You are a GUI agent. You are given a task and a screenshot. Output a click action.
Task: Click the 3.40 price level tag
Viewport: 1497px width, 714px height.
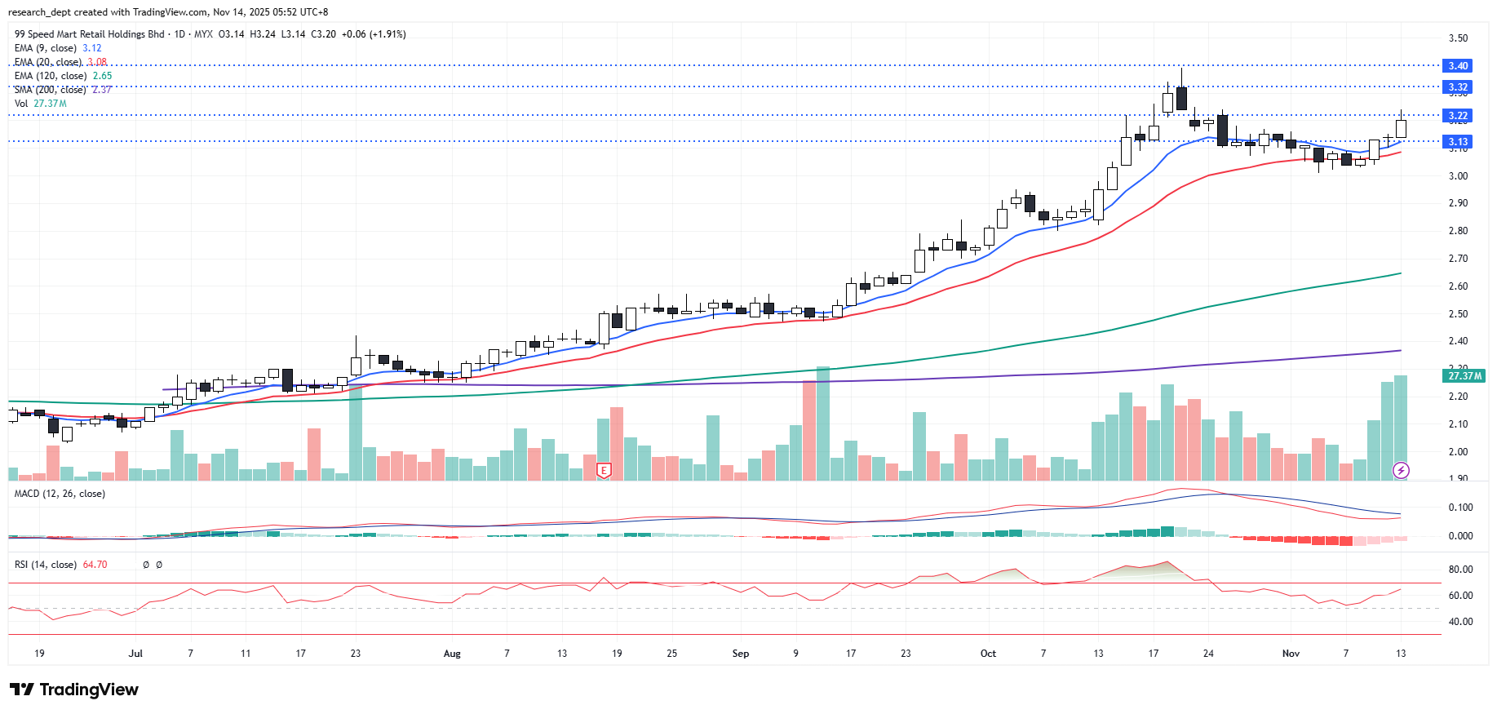pyautogui.click(x=1457, y=66)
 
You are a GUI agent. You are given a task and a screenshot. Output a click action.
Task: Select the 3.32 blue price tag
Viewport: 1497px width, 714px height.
pyautogui.click(x=1457, y=87)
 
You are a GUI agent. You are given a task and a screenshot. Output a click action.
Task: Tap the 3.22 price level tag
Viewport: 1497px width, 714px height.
pyautogui.click(x=1457, y=116)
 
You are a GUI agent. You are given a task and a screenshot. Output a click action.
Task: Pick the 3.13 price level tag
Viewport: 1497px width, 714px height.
pyautogui.click(x=1457, y=142)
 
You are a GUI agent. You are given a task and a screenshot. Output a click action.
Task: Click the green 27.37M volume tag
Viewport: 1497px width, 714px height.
pyautogui.click(x=1464, y=376)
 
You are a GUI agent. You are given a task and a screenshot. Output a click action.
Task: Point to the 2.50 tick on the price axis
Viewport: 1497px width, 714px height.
pyautogui.click(x=1458, y=314)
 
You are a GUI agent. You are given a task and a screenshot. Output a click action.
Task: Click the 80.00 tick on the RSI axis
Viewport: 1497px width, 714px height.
pyautogui.click(x=1460, y=570)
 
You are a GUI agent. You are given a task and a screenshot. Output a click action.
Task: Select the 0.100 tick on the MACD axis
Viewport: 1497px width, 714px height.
pyautogui.click(x=1460, y=508)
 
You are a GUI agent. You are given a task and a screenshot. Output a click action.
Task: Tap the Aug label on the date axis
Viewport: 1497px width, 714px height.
pyautogui.click(x=452, y=654)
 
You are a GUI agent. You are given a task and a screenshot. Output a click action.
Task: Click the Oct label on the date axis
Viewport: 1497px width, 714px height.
pyautogui.click(x=988, y=654)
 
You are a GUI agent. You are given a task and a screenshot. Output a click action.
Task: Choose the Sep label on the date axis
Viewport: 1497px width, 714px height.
pyautogui.click(x=740, y=654)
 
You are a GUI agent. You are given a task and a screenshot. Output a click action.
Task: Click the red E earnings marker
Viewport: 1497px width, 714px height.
pyautogui.click(x=604, y=471)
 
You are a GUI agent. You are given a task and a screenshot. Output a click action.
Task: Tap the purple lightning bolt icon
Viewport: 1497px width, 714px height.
pyautogui.click(x=1401, y=470)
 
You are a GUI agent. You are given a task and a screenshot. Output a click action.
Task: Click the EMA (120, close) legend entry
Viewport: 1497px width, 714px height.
pyautogui.click(x=63, y=76)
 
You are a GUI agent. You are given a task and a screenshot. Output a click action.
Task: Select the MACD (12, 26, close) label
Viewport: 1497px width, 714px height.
pyautogui.click(x=60, y=494)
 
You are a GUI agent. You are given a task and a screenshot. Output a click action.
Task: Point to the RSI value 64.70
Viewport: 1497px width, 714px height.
pyautogui.click(x=95, y=565)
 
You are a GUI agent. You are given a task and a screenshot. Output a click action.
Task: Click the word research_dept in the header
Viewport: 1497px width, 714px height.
pyautogui.click(x=38, y=12)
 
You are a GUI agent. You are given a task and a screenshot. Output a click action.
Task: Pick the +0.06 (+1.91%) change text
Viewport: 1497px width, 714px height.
pyautogui.click(x=374, y=34)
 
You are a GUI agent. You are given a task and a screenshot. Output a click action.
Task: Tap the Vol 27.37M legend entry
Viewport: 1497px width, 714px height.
pyautogui.click(x=40, y=104)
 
